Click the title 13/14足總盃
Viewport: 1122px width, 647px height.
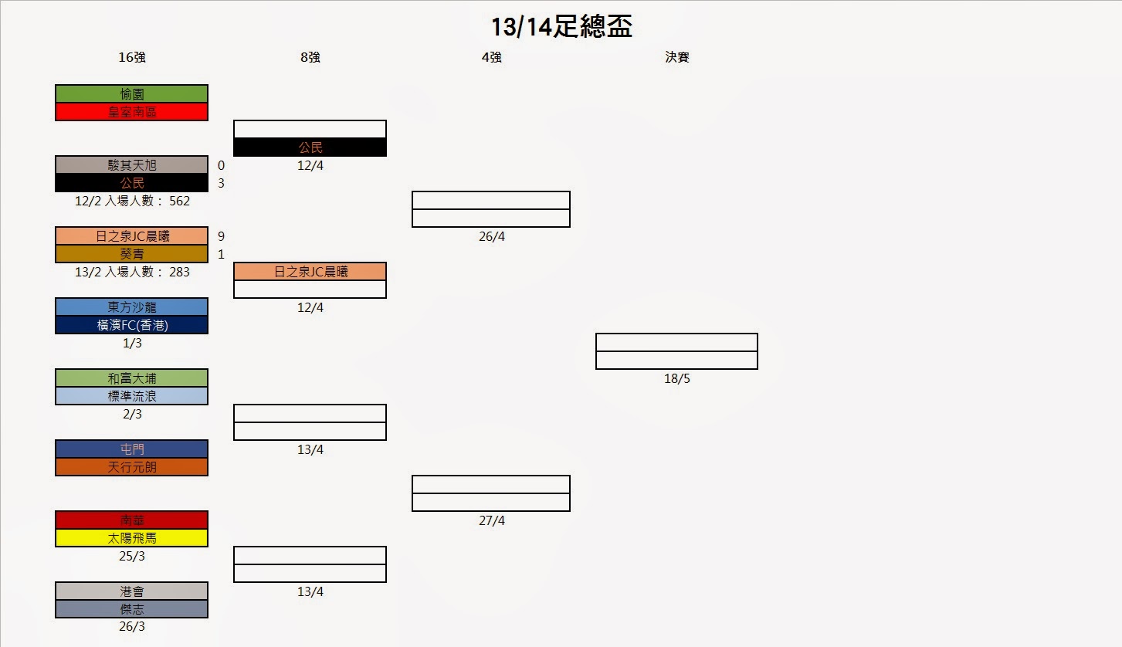pyautogui.click(x=561, y=28)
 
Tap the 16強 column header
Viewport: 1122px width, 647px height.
pyautogui.click(x=132, y=57)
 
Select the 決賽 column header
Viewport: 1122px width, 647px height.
pyautogui.click(x=677, y=57)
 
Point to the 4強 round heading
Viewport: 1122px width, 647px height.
pyautogui.click(x=491, y=57)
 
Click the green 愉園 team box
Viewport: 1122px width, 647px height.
pyautogui.click(x=131, y=94)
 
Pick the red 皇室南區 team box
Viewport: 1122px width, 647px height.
pyautogui.click(x=131, y=112)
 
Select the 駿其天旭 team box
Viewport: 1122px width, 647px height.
pyautogui.click(x=131, y=165)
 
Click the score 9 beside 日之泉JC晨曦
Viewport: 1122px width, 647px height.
pyautogui.click(x=221, y=236)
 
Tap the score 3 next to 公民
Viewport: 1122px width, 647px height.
pyautogui.click(x=221, y=183)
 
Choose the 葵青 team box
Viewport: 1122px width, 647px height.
pyautogui.click(x=131, y=254)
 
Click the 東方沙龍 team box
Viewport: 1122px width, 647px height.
pyautogui.click(x=131, y=307)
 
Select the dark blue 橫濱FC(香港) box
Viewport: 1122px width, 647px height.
pyautogui.click(x=131, y=325)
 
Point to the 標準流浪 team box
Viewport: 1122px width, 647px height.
pyautogui.click(x=131, y=396)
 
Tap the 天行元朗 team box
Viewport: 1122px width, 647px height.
pyautogui.click(x=131, y=467)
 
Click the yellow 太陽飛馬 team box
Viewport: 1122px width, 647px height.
pyautogui.click(x=131, y=538)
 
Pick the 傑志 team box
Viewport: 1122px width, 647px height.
pyautogui.click(x=131, y=609)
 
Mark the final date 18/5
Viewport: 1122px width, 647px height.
pyautogui.click(x=676, y=379)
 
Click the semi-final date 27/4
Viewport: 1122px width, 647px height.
pyautogui.click(x=491, y=521)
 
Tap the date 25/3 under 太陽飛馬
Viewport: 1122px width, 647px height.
pyautogui.click(x=131, y=556)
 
